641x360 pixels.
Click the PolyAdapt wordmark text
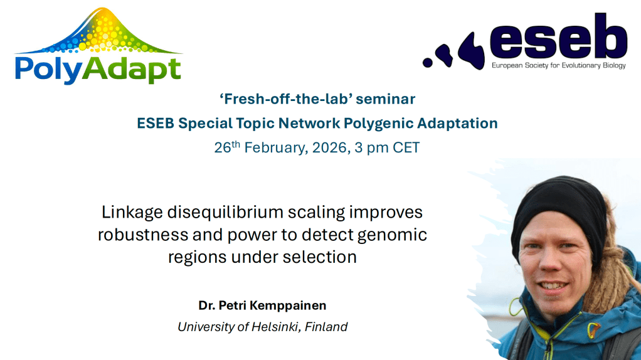click(x=98, y=70)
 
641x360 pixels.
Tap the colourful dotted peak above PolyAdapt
click(x=98, y=31)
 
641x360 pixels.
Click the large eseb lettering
click(x=558, y=37)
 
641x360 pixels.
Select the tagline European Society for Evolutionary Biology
click(x=558, y=65)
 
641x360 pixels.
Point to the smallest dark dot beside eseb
click(x=428, y=63)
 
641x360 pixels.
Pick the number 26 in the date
click(x=223, y=147)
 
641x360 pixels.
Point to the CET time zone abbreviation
click(x=406, y=147)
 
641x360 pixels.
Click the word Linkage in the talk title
click(x=132, y=213)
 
